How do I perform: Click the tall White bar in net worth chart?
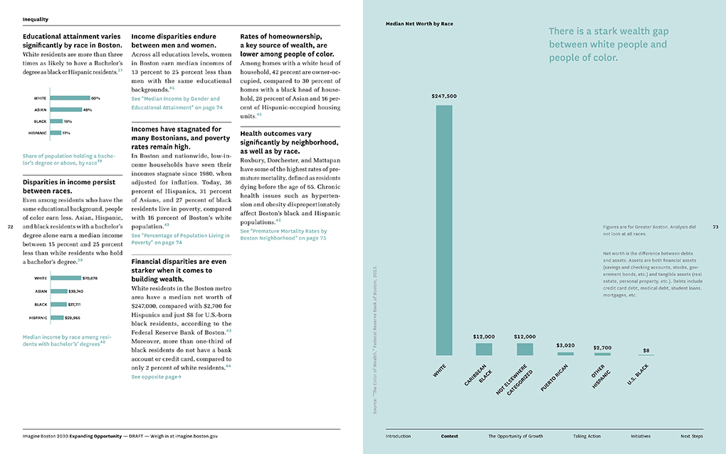(443, 230)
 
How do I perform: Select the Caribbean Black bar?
(484, 349)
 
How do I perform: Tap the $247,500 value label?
(443, 96)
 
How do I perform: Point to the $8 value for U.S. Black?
(646, 350)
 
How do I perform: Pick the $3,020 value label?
(566, 345)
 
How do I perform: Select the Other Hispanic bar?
(602, 354)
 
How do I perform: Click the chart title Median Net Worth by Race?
(419, 23)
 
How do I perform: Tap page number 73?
(715, 227)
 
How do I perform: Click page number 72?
(10, 227)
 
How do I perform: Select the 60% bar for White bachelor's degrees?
(70, 98)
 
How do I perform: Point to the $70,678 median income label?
(95, 278)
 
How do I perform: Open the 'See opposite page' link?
(156, 377)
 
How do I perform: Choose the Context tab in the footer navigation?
(449, 435)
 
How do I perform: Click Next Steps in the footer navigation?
(691, 435)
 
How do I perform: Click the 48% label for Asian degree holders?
(88, 110)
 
